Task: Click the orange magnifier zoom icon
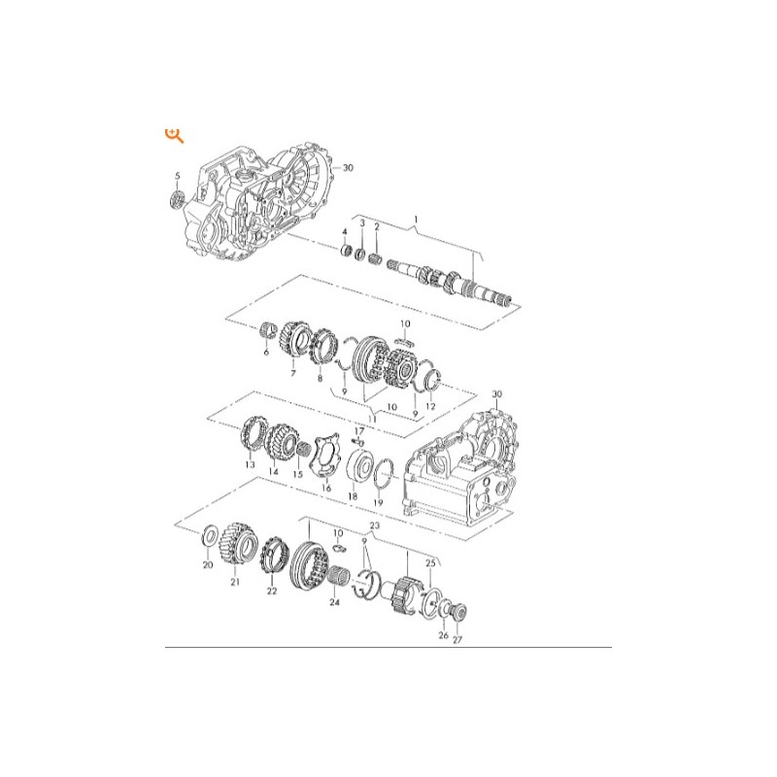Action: point(174,135)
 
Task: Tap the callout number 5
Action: point(178,176)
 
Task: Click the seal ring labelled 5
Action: point(176,199)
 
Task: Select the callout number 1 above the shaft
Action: point(416,220)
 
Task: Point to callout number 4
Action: point(345,232)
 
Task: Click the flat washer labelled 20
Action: point(210,537)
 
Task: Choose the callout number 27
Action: point(456,639)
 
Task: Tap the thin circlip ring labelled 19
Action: point(385,474)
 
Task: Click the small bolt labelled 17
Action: point(357,441)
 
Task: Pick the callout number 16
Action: point(326,489)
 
